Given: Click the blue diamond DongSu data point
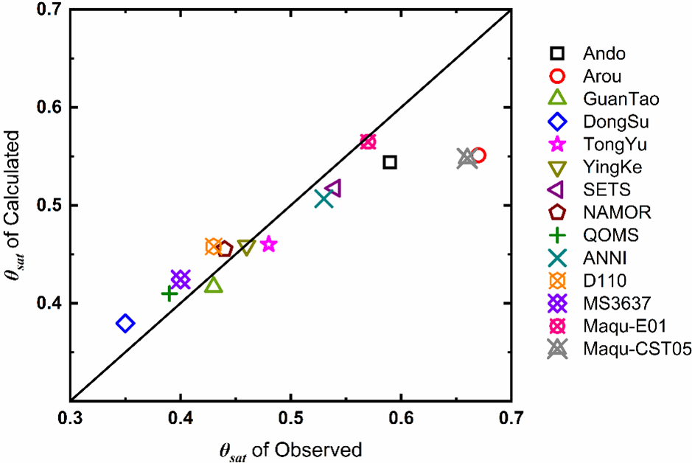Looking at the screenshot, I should click(125, 323).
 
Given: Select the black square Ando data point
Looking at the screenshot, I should click(390, 161).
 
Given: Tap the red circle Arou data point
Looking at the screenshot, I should click(478, 155).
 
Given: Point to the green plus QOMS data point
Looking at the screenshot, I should click(169, 293).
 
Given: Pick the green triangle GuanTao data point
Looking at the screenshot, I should click(214, 285).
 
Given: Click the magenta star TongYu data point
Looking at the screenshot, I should click(268, 244).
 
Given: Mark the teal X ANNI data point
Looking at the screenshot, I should click(324, 198).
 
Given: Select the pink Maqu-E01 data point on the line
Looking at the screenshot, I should click(368, 142).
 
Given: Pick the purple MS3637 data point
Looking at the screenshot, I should click(181, 279).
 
